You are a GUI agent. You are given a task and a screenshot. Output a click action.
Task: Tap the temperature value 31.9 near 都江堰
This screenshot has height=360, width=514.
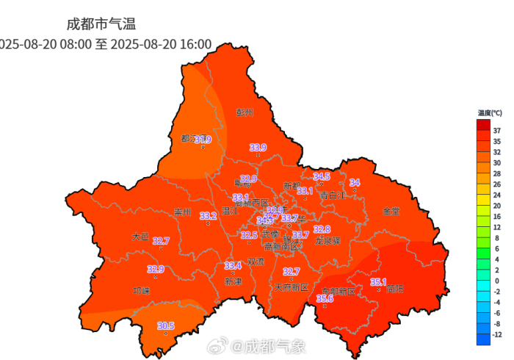pos(202,140)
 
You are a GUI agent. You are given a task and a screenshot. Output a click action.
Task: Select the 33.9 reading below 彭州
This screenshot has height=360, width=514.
pos(258,148)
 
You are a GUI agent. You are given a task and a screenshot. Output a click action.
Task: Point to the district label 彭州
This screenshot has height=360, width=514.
pos(245,112)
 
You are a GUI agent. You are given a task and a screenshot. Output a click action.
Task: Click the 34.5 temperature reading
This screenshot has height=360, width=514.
pos(322,176)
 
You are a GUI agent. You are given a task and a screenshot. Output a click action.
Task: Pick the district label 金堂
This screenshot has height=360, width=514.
pos(391,211)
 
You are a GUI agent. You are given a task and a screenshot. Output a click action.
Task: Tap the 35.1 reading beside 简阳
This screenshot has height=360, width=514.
pos(378,281)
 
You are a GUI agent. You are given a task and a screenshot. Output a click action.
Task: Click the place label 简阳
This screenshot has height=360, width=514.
pos(394,289)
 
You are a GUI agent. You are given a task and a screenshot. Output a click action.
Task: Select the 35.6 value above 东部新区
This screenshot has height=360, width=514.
pos(325,298)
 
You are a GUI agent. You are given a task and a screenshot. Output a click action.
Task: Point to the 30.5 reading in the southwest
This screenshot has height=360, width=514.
pos(166,326)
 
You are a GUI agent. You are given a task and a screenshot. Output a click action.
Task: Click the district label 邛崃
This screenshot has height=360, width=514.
pos(141,290)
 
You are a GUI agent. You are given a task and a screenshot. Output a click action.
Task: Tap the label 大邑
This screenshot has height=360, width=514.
pos(140,237)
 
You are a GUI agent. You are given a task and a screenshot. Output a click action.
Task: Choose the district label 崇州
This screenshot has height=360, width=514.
pos(182,212)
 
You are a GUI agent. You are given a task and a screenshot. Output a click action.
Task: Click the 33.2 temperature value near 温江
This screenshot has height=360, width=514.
pos(209,216)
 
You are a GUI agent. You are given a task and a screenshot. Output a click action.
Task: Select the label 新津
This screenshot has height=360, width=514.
pos(233,281)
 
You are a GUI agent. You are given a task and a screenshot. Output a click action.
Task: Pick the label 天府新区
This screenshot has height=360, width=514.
pos(292,287)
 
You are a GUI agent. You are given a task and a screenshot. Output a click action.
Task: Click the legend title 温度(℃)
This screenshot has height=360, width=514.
pos(489,113)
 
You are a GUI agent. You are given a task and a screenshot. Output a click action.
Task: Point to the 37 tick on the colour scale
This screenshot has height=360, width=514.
pos(497,130)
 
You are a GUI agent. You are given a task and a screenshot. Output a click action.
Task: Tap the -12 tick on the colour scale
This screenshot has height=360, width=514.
pos(497,334)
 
